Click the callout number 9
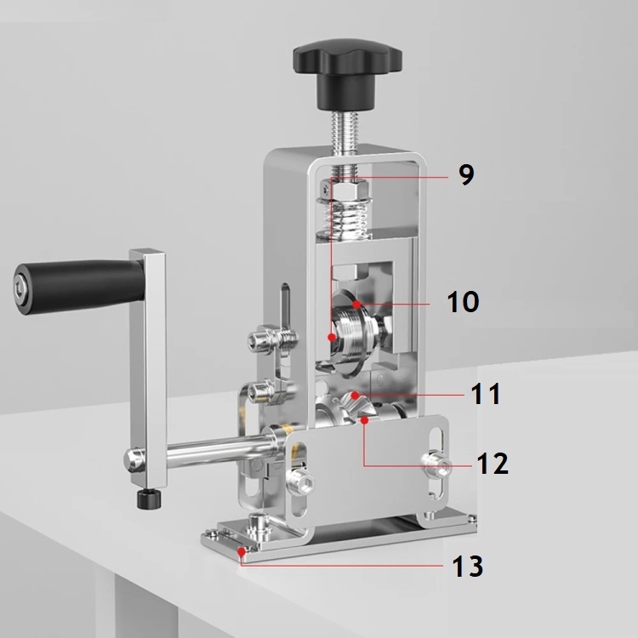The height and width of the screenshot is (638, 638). point(466,174)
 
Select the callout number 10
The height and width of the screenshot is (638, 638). point(463,301)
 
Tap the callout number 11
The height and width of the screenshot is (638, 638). point(485,394)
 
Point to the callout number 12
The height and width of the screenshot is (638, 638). point(493,463)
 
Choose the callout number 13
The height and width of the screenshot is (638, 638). point(468,566)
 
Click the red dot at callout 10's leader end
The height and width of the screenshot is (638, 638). point(356,304)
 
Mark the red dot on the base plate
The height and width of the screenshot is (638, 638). point(242,552)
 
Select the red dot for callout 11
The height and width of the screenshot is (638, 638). point(356,395)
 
